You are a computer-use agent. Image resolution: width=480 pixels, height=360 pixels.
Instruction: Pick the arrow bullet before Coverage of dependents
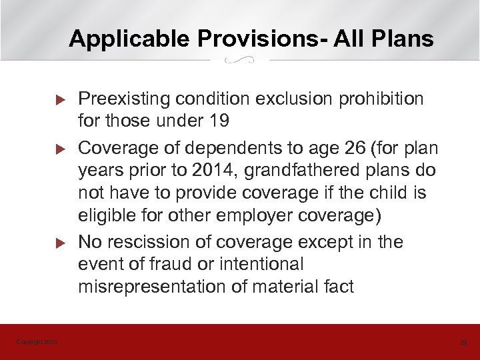coord(58,147)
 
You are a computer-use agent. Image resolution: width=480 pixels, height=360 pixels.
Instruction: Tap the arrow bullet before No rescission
coord(58,241)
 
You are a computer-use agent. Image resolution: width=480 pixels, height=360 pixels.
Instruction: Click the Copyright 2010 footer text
coord(37,342)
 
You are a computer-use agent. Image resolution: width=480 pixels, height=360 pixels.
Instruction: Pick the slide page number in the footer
coord(463,342)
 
